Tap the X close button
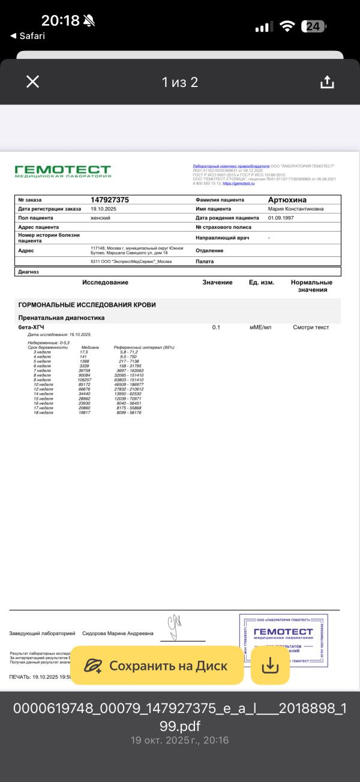(x=33, y=82)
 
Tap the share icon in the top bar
(x=326, y=82)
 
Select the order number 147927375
(x=110, y=200)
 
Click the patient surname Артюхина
(x=287, y=200)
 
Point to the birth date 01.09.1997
(x=281, y=218)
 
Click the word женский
(x=100, y=218)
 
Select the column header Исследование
(x=105, y=282)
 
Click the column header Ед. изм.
(x=262, y=282)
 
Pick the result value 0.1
(x=217, y=327)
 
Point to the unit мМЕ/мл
(x=260, y=327)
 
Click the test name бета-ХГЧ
(x=31, y=327)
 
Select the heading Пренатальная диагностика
(x=62, y=317)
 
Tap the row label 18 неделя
(x=43, y=413)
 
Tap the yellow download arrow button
(x=270, y=665)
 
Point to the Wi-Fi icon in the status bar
(x=288, y=26)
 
